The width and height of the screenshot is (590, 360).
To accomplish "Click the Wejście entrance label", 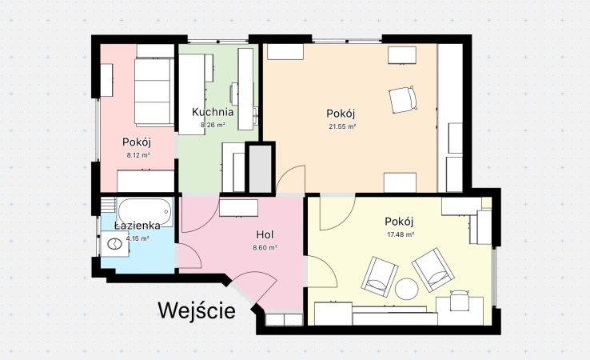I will point(197,310).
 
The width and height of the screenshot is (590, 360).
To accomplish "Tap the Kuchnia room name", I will point(213,113).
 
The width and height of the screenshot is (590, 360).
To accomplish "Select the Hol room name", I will point(265,235).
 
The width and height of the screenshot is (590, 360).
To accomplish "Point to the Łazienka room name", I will point(137,226).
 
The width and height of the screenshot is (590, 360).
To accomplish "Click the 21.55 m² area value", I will point(341,126).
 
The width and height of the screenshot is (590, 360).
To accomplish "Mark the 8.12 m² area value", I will point(138,155).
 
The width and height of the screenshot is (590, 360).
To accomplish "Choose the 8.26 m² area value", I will point(213,126).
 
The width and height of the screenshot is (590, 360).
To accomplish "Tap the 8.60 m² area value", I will point(265,248).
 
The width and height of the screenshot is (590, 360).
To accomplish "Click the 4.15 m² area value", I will point(138,238).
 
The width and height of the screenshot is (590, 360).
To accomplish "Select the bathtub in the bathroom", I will point(143,210).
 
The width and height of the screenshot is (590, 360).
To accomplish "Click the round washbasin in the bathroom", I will point(117,246).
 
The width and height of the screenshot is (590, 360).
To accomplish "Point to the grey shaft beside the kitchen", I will point(260,167).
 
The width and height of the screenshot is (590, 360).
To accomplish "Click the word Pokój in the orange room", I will point(341,113).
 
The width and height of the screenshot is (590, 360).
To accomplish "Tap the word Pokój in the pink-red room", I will point(138,142).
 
